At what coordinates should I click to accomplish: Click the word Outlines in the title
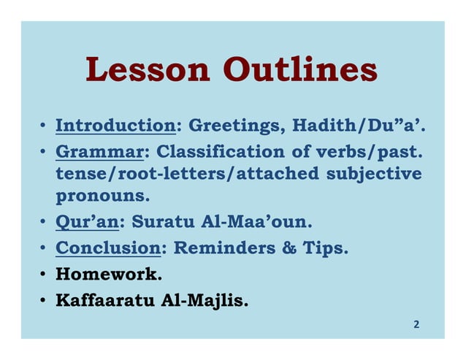pos(300,69)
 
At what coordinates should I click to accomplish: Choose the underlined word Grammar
pos(99,153)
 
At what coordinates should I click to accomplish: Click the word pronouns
pos(103,196)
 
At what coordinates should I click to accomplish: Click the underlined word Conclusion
pos(108,248)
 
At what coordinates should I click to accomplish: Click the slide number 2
pos(416,323)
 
